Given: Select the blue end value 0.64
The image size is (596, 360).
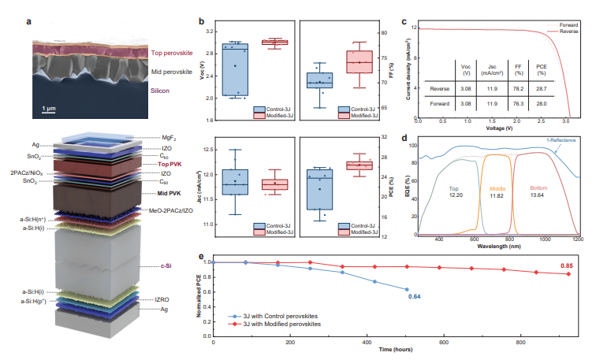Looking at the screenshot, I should pyautogui.click(x=415, y=297).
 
